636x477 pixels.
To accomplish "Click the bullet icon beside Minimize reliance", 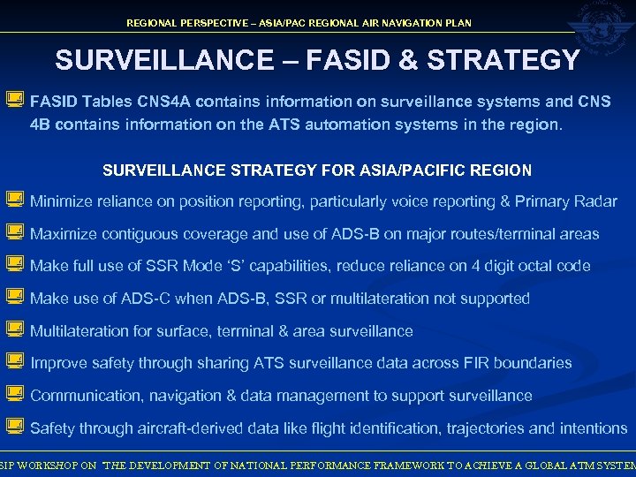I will (x=14, y=201).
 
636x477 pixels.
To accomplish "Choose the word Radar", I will (x=595, y=201).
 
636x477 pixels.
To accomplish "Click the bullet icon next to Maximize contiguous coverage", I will (x=14, y=234).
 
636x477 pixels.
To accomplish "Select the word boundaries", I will (x=533, y=363).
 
